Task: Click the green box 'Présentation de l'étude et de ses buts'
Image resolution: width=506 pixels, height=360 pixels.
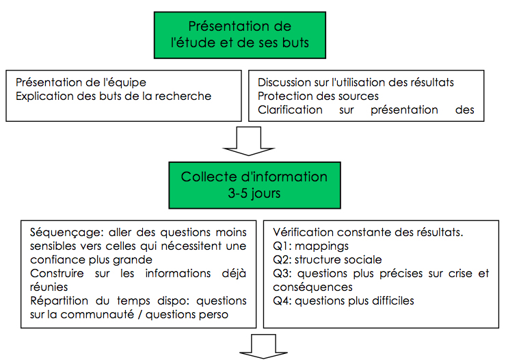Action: [x=240, y=35]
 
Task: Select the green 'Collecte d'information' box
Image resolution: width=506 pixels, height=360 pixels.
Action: [x=254, y=185]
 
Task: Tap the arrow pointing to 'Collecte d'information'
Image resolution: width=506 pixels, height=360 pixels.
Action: [x=249, y=141]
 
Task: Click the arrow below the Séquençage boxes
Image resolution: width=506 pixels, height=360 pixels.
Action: [x=263, y=347]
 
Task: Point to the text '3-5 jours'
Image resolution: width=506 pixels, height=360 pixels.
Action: [x=254, y=193]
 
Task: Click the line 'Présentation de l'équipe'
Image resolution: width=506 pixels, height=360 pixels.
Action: [x=81, y=83]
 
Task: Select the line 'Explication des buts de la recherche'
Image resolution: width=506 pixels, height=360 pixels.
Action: [x=114, y=97]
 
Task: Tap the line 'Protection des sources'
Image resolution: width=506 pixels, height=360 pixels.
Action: [x=318, y=97]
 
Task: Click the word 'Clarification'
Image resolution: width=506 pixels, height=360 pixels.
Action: [x=290, y=110]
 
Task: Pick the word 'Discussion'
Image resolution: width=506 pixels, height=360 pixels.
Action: [x=284, y=82]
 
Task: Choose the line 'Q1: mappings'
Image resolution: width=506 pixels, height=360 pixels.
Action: [x=310, y=246]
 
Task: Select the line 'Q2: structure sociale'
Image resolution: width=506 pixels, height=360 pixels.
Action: [x=328, y=259]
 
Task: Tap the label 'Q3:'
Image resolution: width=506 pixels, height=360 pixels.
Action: [x=282, y=274]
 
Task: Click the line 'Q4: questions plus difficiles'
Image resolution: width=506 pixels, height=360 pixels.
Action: [x=343, y=301]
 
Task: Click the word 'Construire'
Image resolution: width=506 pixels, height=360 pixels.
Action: [x=57, y=274]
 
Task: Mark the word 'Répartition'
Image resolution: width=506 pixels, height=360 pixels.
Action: [x=59, y=301]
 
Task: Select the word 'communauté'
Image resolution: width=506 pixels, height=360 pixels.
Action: [x=97, y=314]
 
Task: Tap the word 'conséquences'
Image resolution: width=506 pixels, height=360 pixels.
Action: [x=312, y=287]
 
